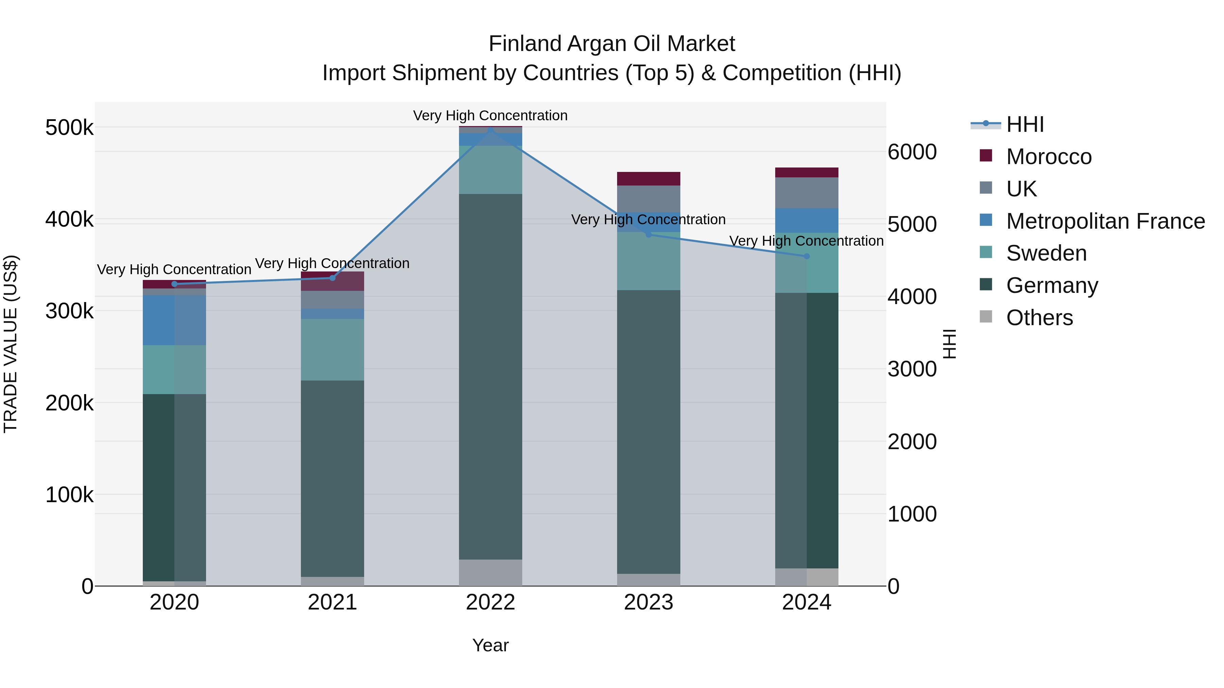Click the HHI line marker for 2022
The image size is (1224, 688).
[x=490, y=129]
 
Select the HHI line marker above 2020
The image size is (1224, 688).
[x=174, y=284]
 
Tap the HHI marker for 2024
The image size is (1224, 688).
[x=806, y=257]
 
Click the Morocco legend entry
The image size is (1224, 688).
[x=1049, y=157]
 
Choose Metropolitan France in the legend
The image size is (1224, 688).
[x=1105, y=221]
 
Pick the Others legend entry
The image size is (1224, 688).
[x=1039, y=318]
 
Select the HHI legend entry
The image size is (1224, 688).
[x=1025, y=124]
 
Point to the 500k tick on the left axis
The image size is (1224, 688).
[x=69, y=128]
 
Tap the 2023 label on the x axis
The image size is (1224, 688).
[x=648, y=602]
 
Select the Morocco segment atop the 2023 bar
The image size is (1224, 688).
[x=648, y=178]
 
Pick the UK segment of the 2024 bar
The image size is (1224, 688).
[x=806, y=193]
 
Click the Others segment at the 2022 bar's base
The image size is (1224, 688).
[x=490, y=572]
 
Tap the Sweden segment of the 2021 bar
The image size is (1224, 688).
[x=332, y=350]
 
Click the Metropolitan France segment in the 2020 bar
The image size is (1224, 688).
[x=174, y=320]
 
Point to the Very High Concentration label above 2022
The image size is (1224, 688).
[x=490, y=116]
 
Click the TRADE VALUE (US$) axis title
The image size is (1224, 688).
[x=11, y=344]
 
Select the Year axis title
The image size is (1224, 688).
[x=490, y=645]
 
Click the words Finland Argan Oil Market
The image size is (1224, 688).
[x=612, y=44]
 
